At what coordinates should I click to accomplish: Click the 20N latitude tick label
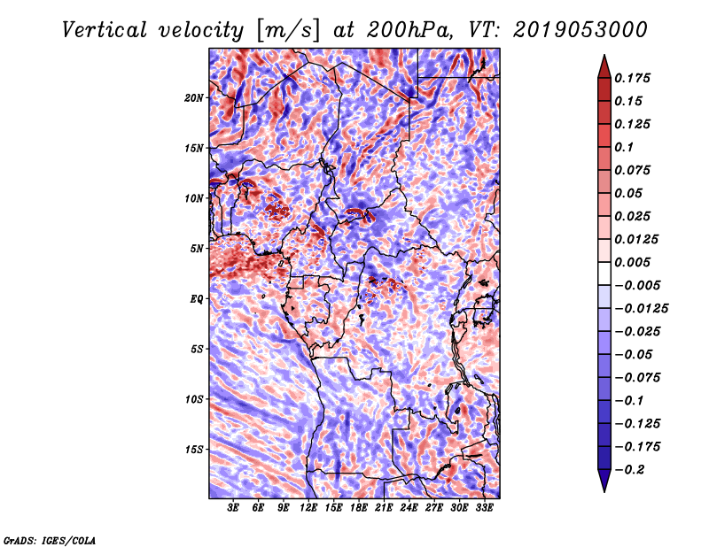[194, 98]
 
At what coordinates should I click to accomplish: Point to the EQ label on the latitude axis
[196, 299]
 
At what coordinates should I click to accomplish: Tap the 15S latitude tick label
[194, 450]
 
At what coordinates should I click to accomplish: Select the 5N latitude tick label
[197, 249]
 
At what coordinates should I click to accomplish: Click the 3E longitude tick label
[233, 507]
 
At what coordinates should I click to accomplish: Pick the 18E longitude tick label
[359, 507]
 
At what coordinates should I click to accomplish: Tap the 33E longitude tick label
[484, 507]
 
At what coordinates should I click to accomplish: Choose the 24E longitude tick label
[409, 507]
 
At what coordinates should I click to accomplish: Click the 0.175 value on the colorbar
[632, 78]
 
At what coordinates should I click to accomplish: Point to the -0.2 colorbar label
[629, 470]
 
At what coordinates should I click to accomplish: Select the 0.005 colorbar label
[632, 262]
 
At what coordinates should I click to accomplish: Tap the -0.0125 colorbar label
[641, 309]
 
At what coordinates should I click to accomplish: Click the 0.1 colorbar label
[624, 147]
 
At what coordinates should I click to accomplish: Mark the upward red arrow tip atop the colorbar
[604, 55]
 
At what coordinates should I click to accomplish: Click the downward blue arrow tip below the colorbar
[604, 491]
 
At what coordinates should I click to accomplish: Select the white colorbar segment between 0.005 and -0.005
[604, 273]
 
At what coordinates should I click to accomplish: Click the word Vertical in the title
[105, 30]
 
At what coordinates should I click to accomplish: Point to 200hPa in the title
[409, 30]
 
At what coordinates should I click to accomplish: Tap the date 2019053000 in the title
[580, 30]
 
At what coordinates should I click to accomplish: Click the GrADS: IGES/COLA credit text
[50, 540]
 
